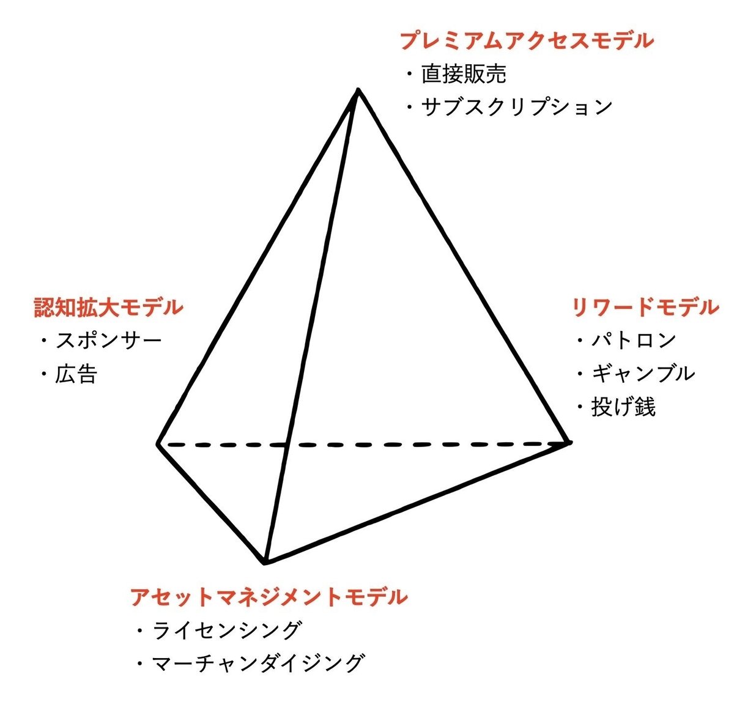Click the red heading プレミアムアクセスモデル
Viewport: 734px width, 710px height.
527,41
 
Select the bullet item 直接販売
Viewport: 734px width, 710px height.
464,74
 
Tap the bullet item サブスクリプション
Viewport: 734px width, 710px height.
516,106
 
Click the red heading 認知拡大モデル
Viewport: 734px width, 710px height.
109,307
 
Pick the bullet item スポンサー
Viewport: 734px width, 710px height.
109,340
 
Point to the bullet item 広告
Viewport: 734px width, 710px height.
76,374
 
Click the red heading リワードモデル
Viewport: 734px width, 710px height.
645,307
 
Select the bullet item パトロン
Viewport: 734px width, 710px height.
633,340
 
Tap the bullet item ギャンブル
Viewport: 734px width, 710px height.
643,373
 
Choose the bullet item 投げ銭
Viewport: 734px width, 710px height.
623,407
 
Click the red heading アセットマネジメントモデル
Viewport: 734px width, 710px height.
269,596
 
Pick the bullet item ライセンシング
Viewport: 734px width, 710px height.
227,630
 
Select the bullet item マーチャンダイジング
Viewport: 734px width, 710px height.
258,663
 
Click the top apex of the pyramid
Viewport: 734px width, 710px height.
358,91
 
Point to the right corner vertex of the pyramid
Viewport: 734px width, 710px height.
569,442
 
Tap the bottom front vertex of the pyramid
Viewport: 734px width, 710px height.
265,563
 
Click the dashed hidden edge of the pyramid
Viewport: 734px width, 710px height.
364,444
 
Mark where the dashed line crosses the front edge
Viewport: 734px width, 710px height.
287,445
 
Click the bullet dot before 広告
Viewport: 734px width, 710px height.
45,374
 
